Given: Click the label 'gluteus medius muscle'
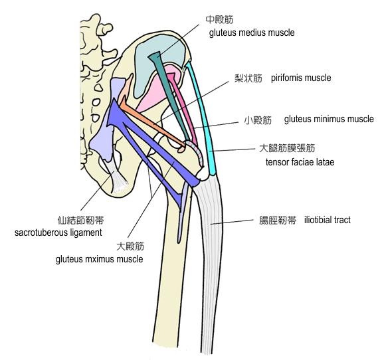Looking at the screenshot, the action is [252, 33].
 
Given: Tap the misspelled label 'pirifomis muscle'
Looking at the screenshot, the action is [301, 78].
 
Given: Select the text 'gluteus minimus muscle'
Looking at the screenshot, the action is [329, 120].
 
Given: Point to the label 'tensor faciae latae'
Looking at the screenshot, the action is [300, 162].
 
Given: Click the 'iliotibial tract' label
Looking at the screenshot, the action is [327, 220].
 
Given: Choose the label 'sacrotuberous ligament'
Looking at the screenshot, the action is [58, 232].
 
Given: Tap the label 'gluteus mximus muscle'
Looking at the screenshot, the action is [100, 259].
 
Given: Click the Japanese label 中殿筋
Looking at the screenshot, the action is [219, 19].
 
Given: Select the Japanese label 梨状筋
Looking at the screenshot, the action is [248, 78].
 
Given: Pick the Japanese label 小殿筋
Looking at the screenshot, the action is [258, 120].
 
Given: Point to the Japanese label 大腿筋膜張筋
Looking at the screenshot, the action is [287, 148].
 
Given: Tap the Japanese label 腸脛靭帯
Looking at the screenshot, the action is [278, 220].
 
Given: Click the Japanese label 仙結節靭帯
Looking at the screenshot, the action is [81, 220].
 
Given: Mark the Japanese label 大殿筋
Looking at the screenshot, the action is [130, 246].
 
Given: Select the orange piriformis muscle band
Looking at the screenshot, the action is [152, 124].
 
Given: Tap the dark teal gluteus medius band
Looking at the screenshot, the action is [170, 96].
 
